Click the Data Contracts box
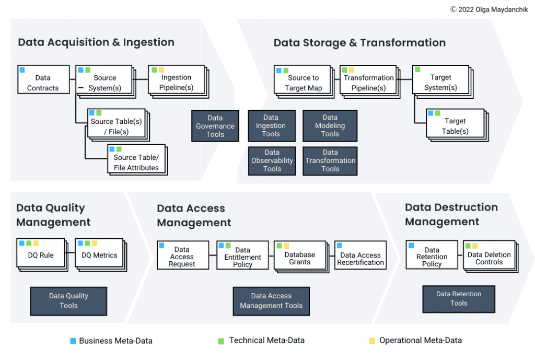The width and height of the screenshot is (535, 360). pos(43,79)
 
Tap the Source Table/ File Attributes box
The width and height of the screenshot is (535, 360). pos(136,159)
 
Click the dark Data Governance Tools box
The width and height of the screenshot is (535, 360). pos(215,126)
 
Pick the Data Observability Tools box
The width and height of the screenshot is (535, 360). pos(272,160)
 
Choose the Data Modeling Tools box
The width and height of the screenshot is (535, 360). pos(330,126)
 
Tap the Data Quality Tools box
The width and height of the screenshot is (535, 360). pos(68,300)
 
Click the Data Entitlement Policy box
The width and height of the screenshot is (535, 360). pos(242,254)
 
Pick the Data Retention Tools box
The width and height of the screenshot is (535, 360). pos(458,298)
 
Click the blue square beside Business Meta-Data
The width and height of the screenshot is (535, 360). pos(73,341)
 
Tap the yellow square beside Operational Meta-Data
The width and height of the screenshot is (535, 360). pos(372,341)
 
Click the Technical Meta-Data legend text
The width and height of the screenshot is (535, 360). pos(266,341)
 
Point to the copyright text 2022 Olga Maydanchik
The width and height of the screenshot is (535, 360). pos(489,9)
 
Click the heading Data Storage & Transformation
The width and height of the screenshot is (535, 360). pos(359,43)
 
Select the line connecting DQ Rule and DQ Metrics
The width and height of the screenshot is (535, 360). pos(70,255)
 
